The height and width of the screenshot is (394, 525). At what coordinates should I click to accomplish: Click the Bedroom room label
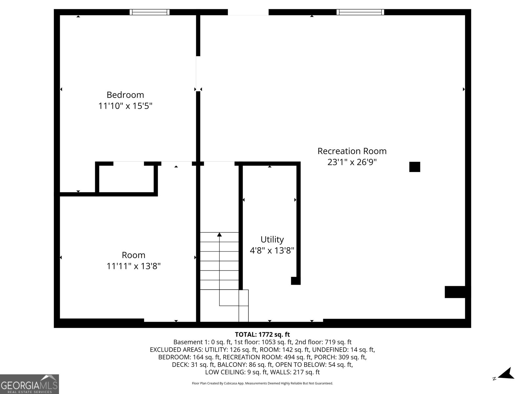pyautogui.click(x=125, y=95)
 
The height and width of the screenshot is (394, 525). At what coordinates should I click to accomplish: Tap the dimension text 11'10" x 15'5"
pyautogui.click(x=125, y=106)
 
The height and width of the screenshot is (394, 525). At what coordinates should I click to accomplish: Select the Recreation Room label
pyautogui.click(x=352, y=151)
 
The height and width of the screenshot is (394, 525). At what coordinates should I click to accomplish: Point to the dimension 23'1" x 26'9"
pyautogui.click(x=352, y=162)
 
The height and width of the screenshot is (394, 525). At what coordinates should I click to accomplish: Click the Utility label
pyautogui.click(x=272, y=239)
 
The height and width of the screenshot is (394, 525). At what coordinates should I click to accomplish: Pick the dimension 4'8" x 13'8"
pyautogui.click(x=272, y=251)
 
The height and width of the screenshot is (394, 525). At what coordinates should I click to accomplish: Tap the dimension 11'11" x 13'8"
pyautogui.click(x=134, y=266)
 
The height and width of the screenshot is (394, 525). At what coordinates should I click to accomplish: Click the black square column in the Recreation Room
pyautogui.click(x=414, y=167)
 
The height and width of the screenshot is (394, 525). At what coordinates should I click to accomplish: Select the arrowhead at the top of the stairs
pyautogui.click(x=219, y=234)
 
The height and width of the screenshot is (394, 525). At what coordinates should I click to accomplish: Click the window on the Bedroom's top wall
pyautogui.click(x=150, y=12)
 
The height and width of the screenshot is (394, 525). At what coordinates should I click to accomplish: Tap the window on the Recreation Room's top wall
pyautogui.click(x=360, y=12)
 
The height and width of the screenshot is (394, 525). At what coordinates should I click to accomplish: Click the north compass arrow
pyautogui.click(x=507, y=374)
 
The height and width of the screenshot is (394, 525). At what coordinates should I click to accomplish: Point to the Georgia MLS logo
pyautogui.click(x=29, y=384)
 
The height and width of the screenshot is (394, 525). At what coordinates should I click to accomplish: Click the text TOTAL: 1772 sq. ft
pyautogui.click(x=262, y=335)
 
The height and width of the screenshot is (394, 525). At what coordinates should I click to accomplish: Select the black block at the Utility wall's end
pyautogui.click(x=296, y=281)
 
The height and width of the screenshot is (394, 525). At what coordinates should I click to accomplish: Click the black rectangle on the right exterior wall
pyautogui.click(x=455, y=292)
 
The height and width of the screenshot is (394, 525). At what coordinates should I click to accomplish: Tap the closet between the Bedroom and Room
pyautogui.click(x=126, y=179)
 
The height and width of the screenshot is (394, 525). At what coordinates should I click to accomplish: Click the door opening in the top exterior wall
pyautogui.click(x=248, y=12)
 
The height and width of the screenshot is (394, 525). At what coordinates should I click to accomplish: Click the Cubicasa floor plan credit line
pyautogui.click(x=262, y=383)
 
